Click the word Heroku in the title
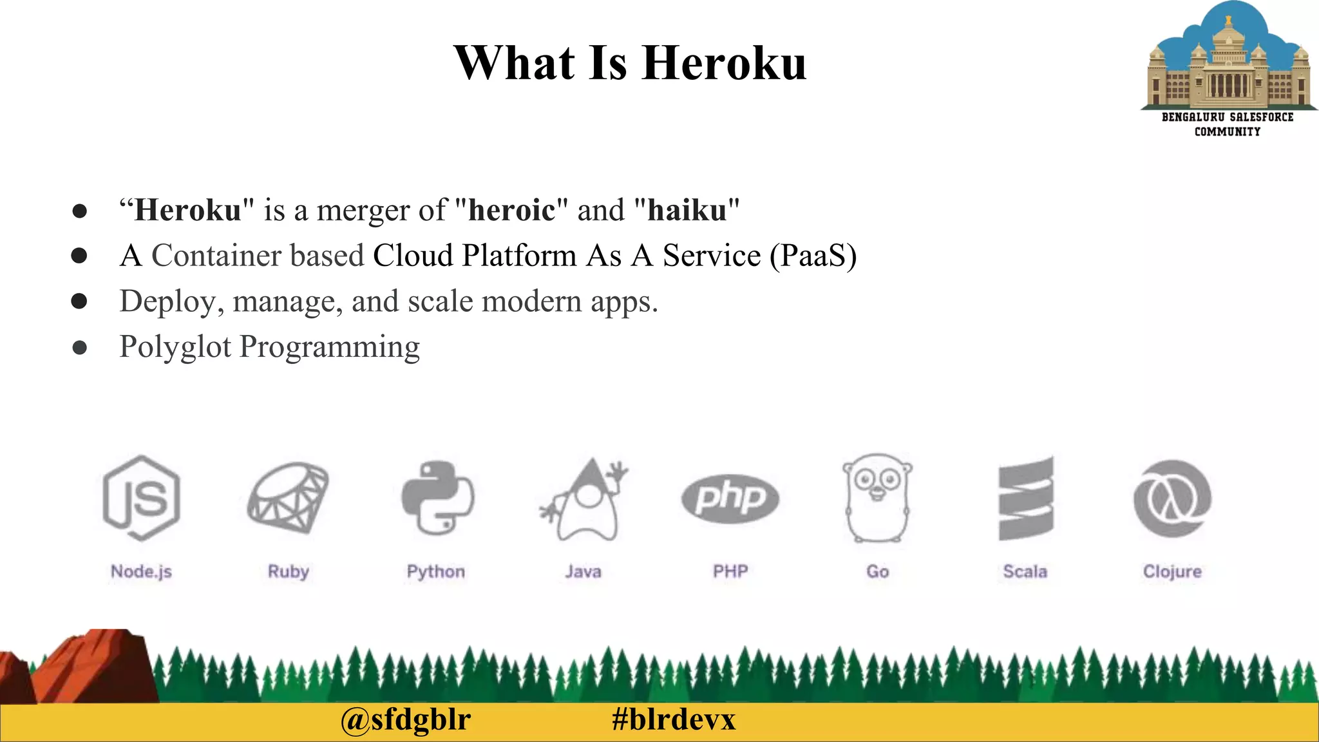point(724,63)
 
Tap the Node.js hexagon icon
point(141,498)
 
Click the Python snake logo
point(437,498)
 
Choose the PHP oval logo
point(730,498)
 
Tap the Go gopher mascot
point(877,498)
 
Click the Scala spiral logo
point(1025,498)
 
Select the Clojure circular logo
point(1172,498)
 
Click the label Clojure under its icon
point(1172,571)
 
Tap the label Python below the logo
point(436,571)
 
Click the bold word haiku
point(687,210)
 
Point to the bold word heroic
point(511,210)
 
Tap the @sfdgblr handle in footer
point(406,719)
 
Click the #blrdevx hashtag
point(674,719)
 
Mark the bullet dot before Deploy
point(79,301)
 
